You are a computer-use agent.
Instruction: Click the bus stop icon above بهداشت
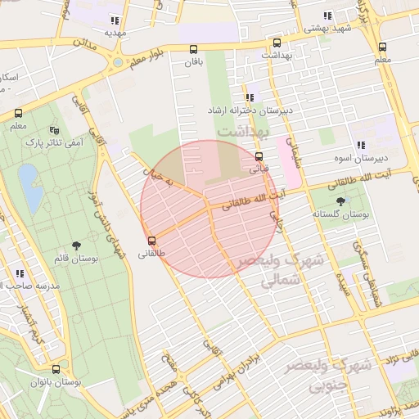277,43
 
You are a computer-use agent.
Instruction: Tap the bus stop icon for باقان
193,49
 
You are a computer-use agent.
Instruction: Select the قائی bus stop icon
259,156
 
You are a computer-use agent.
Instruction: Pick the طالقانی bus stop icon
151,241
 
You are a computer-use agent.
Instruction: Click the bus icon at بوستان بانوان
56,369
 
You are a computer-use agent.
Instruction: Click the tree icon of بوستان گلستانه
340,200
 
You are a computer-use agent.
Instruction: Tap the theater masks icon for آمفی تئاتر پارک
55,130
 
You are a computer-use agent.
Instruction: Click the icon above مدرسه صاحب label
19,273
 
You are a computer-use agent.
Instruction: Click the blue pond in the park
27,177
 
